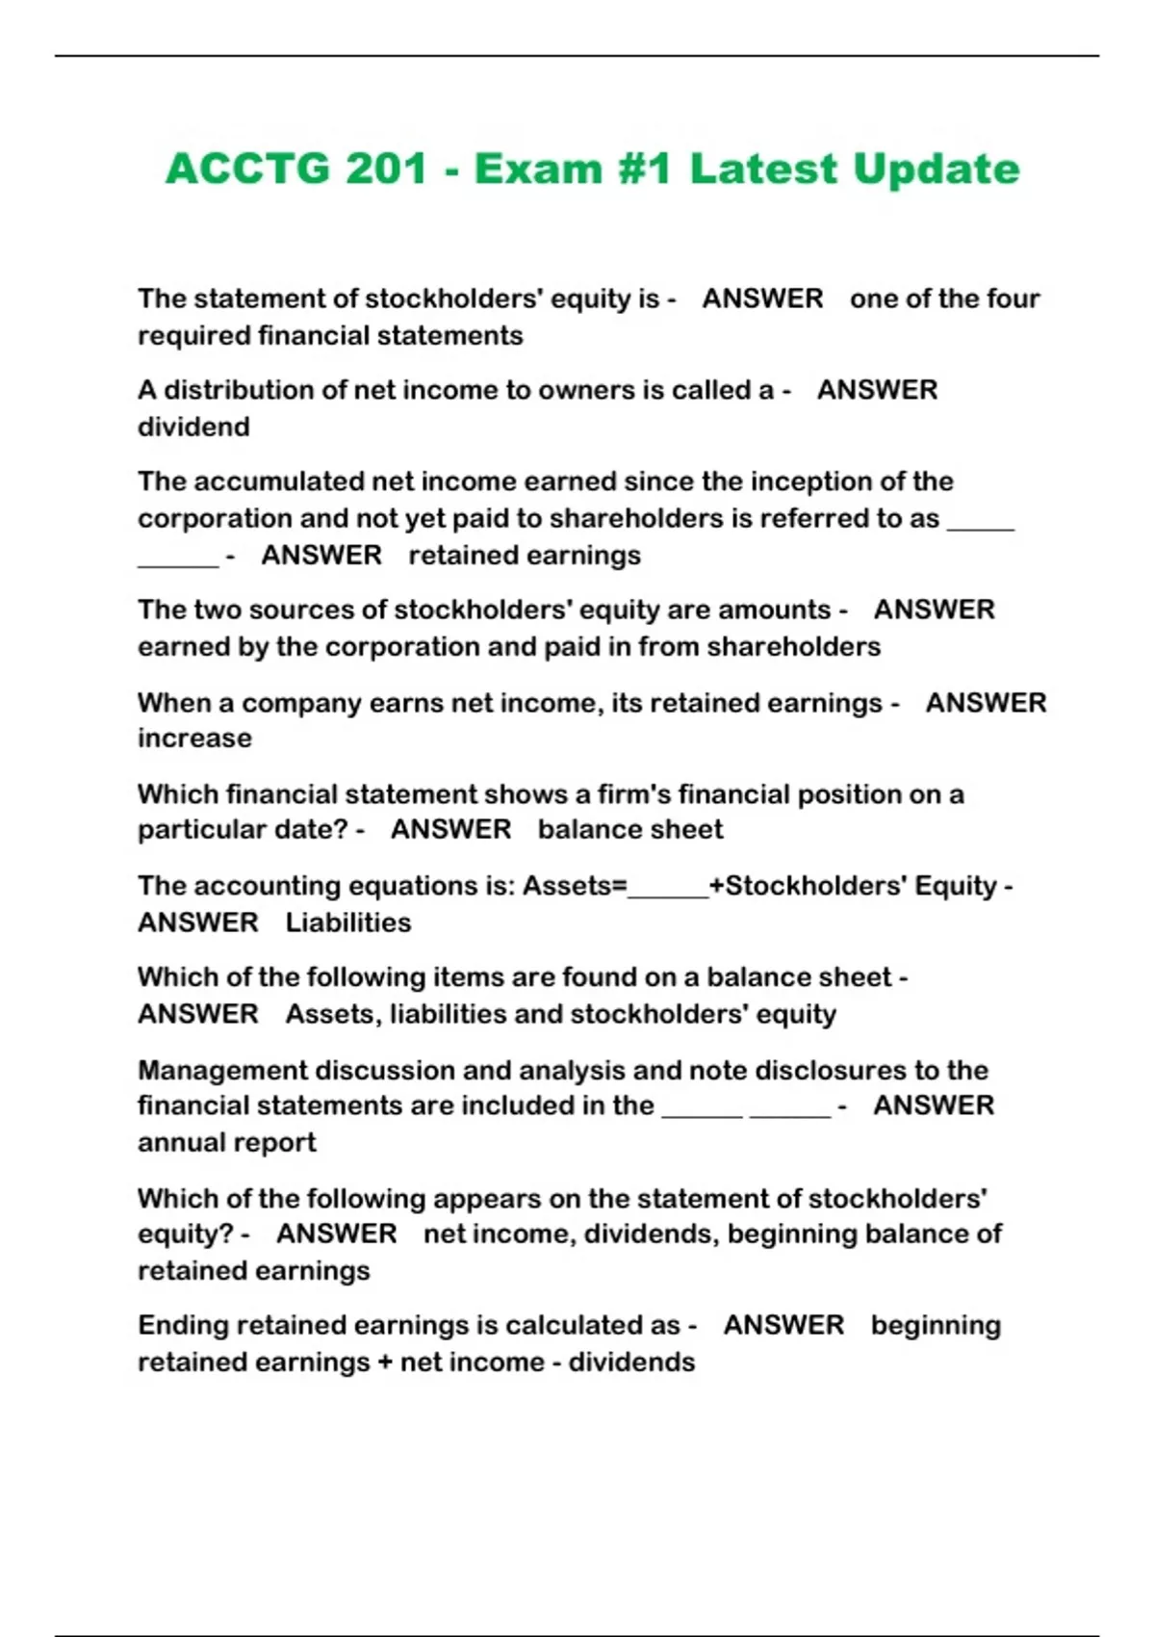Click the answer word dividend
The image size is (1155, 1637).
[193, 427]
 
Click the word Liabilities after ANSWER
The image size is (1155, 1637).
[348, 922]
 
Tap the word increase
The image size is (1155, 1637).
[194, 739]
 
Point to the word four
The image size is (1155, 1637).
[1013, 299]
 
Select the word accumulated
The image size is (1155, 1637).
[277, 481]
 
